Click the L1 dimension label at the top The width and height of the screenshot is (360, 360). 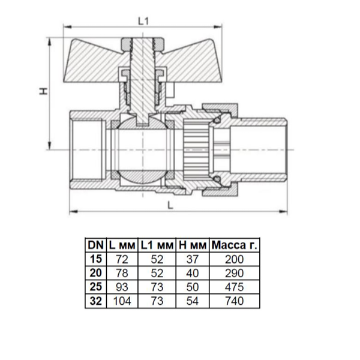point(143,20)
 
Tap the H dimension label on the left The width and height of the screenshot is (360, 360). point(43,91)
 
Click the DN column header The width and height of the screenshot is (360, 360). point(95,245)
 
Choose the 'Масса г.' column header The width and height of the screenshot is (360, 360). point(235,245)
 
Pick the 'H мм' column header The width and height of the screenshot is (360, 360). point(192,245)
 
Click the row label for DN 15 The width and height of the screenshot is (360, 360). point(95,259)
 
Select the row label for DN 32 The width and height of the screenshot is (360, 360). point(95,301)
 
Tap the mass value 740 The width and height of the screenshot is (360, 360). point(235,301)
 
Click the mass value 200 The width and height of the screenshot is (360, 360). point(235,259)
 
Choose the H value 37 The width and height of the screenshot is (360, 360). point(192,259)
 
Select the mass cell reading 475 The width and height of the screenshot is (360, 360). point(235,287)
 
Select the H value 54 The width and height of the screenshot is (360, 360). point(192,301)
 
